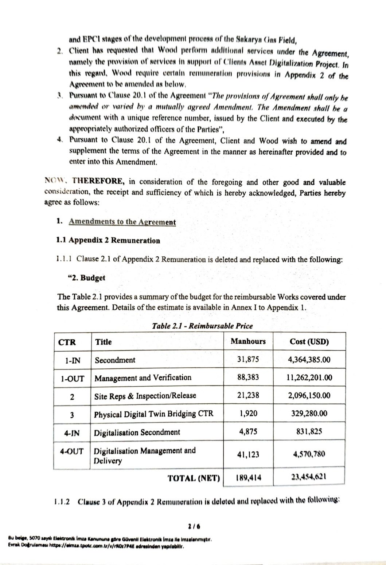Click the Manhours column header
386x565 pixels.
click(x=248, y=341)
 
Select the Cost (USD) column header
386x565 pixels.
click(x=309, y=342)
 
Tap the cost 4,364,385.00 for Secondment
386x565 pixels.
click(x=309, y=360)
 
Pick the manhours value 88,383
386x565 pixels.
click(x=248, y=378)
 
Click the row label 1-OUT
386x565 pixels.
click(x=73, y=378)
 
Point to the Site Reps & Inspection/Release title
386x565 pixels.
click(x=145, y=396)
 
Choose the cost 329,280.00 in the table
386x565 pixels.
click(x=309, y=414)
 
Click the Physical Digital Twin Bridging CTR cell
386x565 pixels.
click(x=153, y=414)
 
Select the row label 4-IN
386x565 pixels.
click(x=72, y=433)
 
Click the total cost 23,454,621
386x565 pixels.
click(x=309, y=477)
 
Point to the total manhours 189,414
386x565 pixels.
click(x=248, y=477)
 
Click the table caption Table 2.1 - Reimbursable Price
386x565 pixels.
click(x=202, y=326)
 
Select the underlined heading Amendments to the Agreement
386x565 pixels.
click(x=122, y=222)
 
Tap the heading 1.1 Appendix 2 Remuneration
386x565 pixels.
click(x=108, y=241)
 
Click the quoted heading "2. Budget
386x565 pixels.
click(x=85, y=278)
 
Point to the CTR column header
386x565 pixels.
click(x=67, y=342)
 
